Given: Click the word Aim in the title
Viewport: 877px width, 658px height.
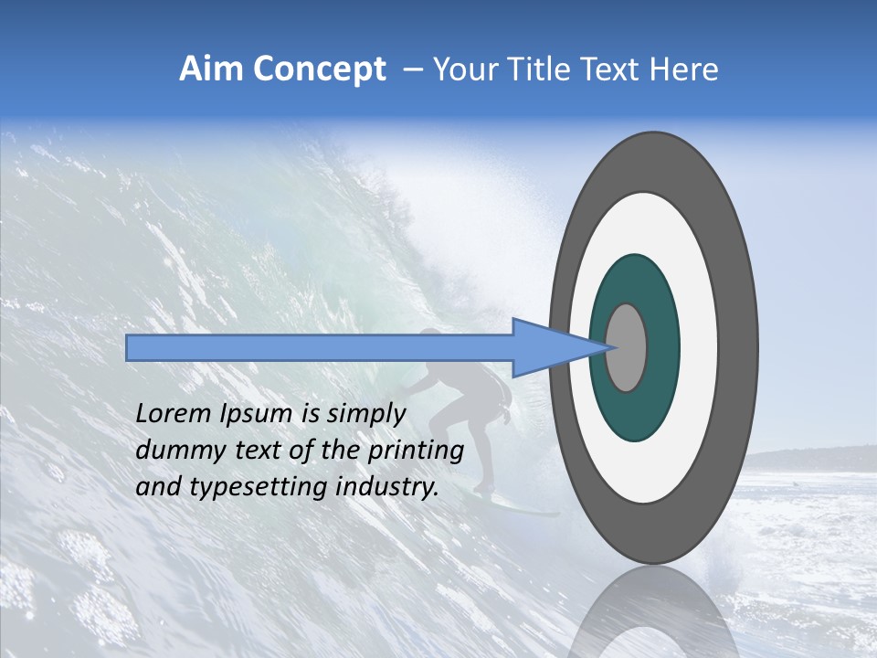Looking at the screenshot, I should [211, 69].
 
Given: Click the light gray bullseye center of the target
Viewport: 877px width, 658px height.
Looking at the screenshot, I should [627, 347].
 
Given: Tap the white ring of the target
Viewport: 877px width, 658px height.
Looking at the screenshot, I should [698, 347].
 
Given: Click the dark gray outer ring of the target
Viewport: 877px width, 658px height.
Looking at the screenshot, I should [738, 347].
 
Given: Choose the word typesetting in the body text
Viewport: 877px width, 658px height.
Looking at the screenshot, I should [247, 487].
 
